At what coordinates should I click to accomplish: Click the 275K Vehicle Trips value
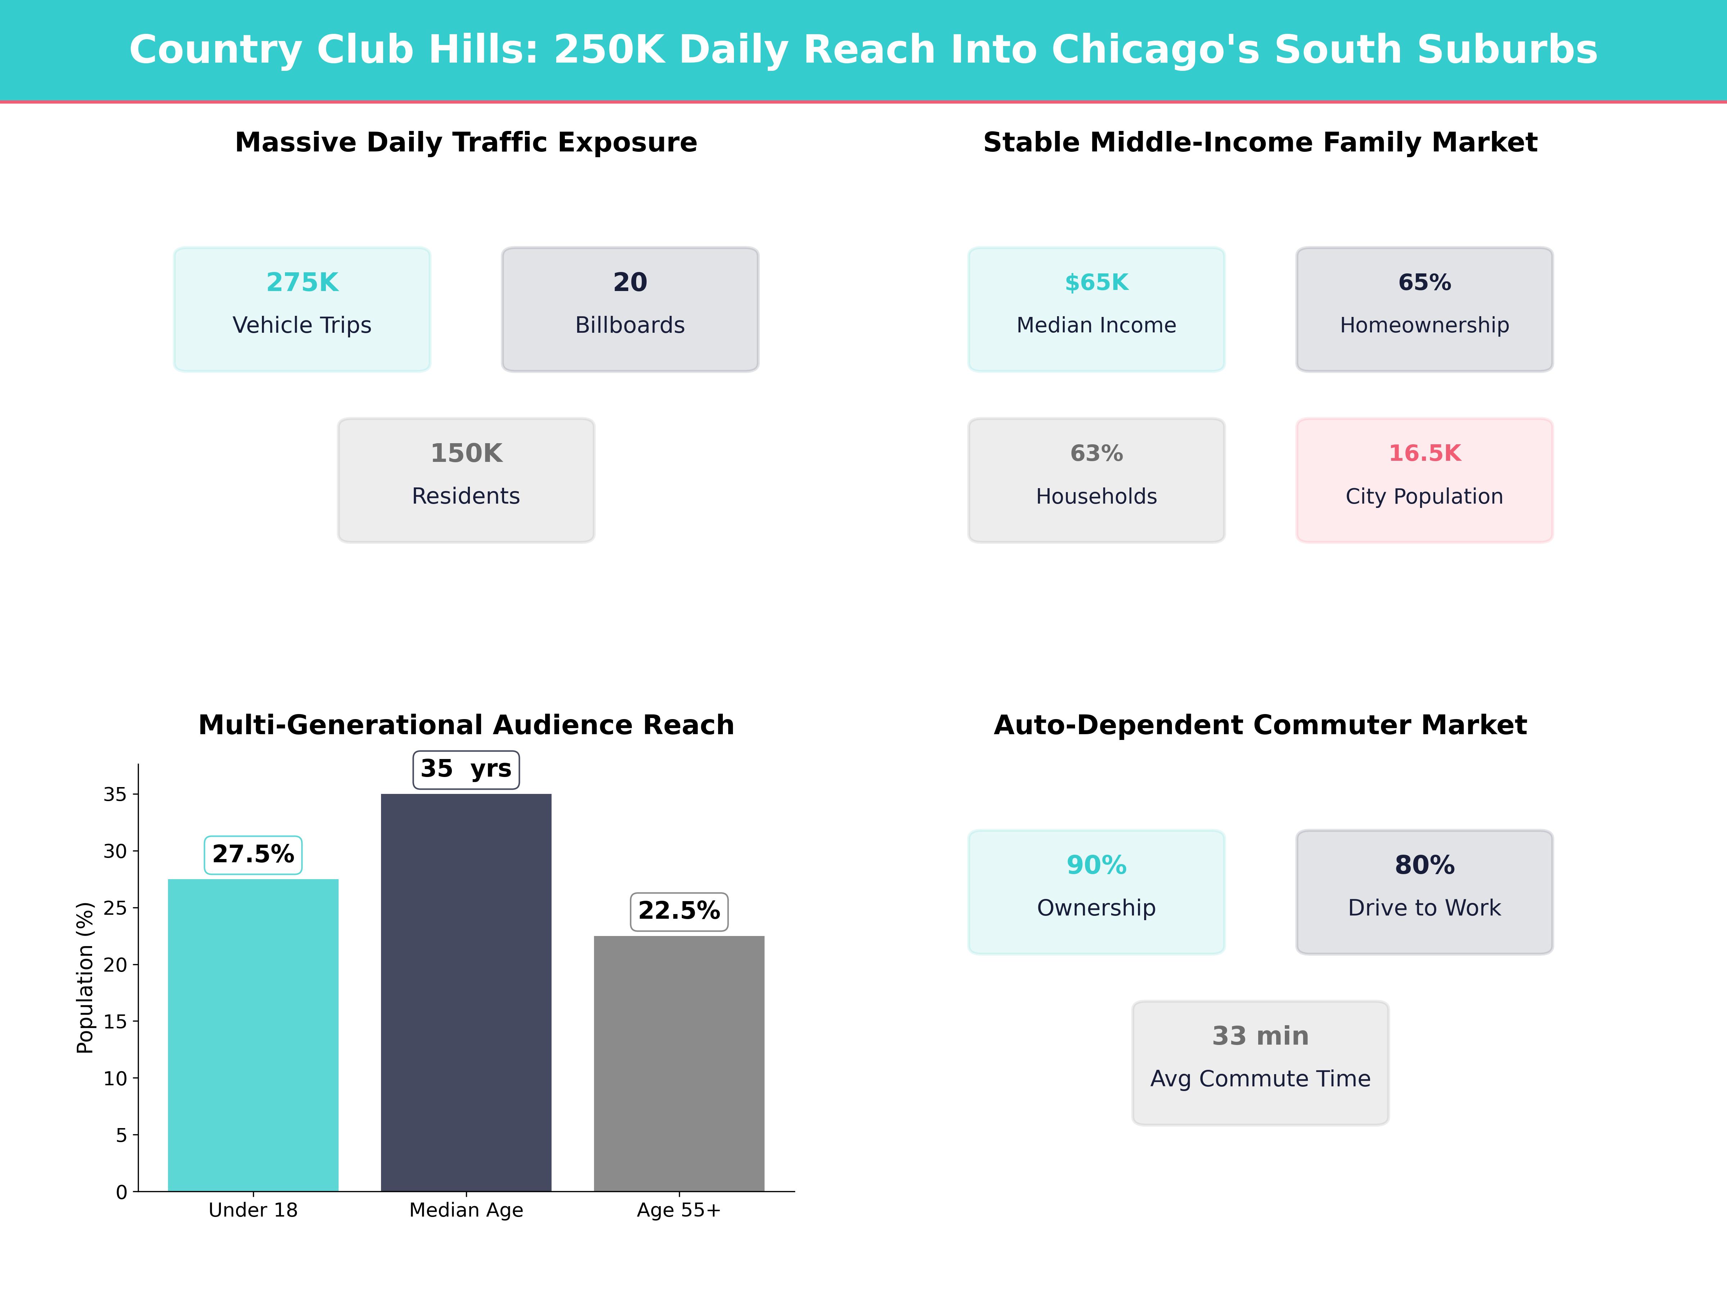[x=302, y=283]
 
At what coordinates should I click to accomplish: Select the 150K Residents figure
[x=466, y=454]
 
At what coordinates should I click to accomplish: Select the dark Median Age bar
[x=466, y=991]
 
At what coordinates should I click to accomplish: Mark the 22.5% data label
[x=679, y=911]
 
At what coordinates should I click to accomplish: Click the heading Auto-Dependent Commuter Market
[x=1260, y=725]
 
